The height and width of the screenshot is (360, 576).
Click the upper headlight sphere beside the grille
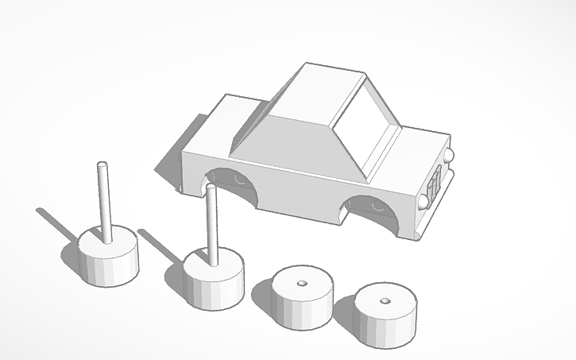[x=450, y=156]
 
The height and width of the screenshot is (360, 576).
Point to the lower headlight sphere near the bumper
[x=424, y=201]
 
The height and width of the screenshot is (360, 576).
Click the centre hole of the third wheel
[x=302, y=283]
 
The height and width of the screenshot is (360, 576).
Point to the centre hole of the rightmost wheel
[x=385, y=301]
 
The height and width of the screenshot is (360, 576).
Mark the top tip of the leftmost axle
[x=102, y=165]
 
